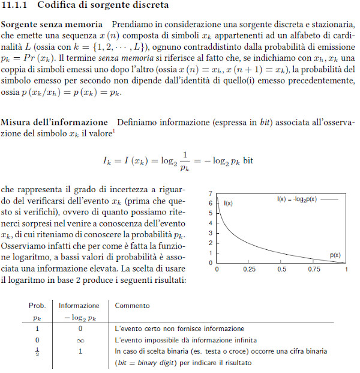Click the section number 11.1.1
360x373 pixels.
pos(18,5)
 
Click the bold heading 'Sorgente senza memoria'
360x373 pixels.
pos(52,25)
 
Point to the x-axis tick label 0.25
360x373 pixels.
pos(250,270)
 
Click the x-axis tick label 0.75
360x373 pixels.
pos(314,270)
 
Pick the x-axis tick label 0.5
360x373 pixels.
pos(282,270)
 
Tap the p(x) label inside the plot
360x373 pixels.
pos(335,255)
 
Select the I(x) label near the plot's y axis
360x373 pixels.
pos(228,204)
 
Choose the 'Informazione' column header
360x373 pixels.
pos(79,306)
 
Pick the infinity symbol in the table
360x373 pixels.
pos(80,341)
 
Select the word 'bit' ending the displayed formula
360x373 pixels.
pos(248,161)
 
